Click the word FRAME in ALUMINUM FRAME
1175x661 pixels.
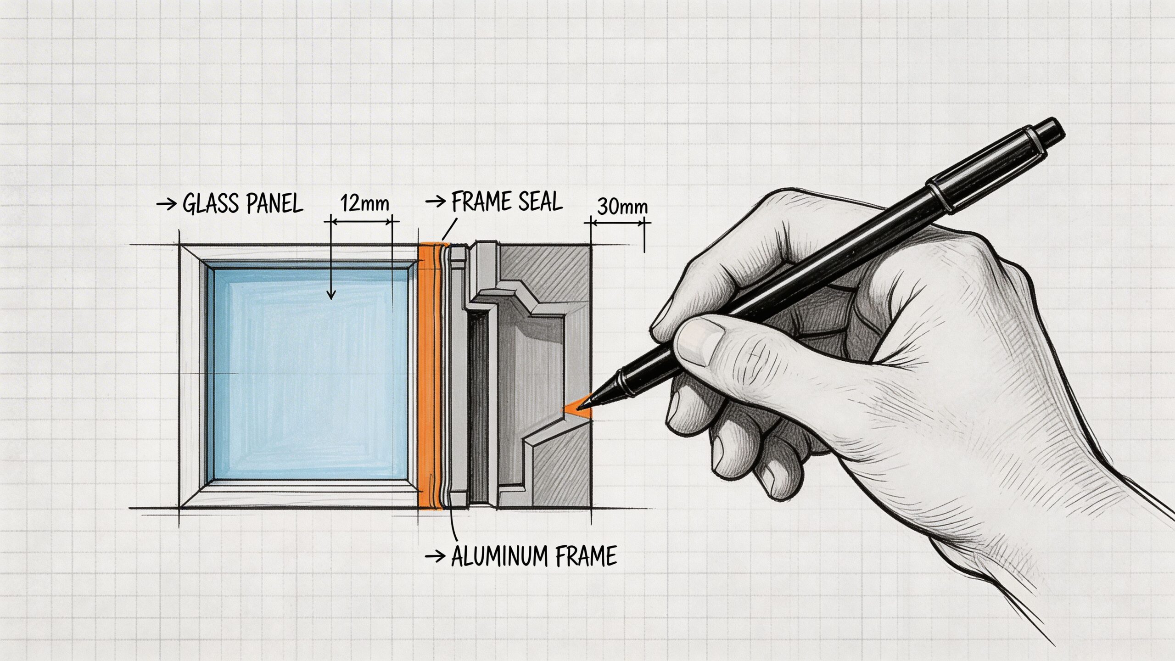586,556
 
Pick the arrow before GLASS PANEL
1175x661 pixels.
166,204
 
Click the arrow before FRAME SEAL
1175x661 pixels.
435,201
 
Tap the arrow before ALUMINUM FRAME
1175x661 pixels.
435,557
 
